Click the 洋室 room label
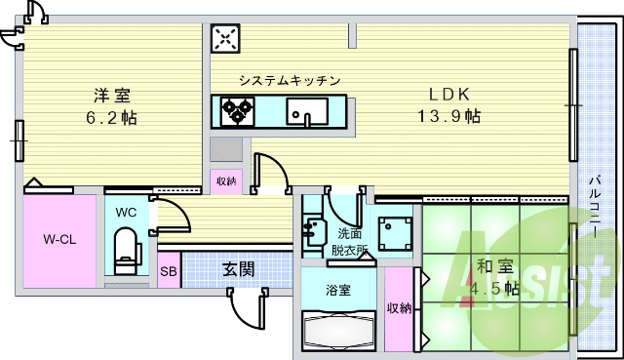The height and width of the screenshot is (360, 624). (112, 96)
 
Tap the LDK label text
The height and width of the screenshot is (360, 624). (451, 95)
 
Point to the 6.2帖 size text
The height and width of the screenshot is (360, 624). (114, 117)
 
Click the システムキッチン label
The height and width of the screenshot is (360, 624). (290, 80)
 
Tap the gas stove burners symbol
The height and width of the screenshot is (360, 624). (236, 110)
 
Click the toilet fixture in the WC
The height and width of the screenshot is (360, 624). (125, 252)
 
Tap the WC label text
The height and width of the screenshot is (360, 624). (127, 212)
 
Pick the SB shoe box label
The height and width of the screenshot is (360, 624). (169, 271)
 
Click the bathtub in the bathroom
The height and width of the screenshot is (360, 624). (338, 330)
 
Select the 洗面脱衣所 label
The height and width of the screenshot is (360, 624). (347, 241)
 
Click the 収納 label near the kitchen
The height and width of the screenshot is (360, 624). (225, 180)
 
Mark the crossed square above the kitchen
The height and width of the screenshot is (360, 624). (226, 38)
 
